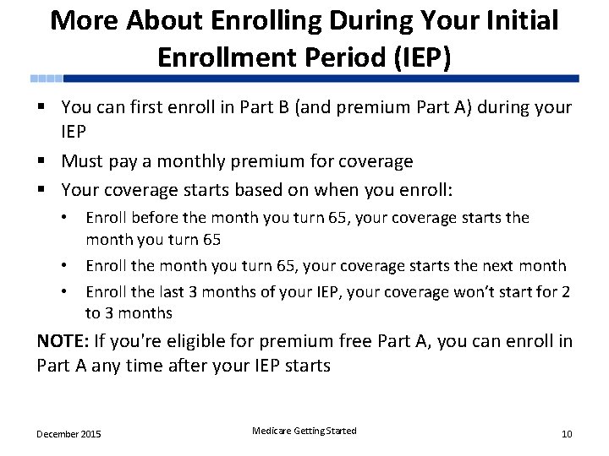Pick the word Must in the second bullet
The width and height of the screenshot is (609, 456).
[x=83, y=160]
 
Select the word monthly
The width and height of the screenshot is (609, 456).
[x=200, y=160]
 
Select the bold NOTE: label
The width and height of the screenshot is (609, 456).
[x=64, y=341]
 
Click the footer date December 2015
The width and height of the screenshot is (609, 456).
[x=69, y=434]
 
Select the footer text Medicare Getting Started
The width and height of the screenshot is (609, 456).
[x=304, y=431]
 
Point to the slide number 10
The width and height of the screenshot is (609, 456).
[x=567, y=434]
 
